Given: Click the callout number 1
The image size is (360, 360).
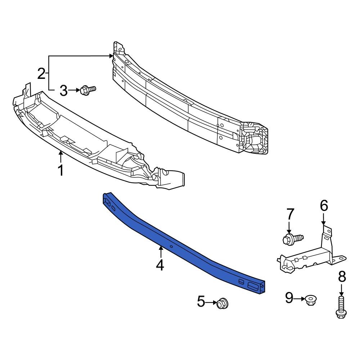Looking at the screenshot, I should [61, 170].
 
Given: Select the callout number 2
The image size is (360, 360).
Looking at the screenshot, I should [41, 74].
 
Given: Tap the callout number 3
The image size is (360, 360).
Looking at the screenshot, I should [63, 91].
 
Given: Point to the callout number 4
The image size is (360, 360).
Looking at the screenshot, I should [160, 265].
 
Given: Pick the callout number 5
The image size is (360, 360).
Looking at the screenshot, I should [201, 302].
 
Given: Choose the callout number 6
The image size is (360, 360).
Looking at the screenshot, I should [324, 206].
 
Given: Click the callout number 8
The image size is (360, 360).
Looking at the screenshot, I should [342, 277].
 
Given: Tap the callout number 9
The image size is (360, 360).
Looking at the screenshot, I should [289, 298].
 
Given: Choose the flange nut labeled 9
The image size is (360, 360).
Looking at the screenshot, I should [310, 300].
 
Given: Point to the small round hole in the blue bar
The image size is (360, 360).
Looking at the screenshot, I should [172, 247].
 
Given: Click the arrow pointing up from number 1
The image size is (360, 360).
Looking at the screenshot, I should [61, 157].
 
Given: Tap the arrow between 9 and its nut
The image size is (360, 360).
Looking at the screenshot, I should [300, 298].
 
